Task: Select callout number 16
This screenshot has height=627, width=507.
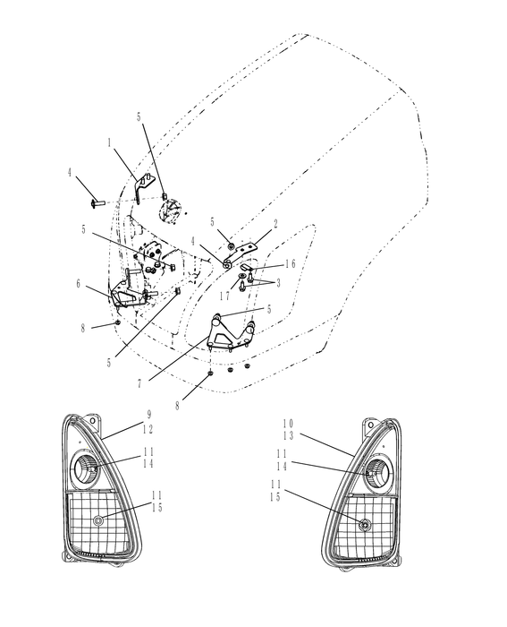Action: pyautogui.click(x=290, y=265)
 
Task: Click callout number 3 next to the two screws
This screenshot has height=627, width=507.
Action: pyautogui.click(x=277, y=283)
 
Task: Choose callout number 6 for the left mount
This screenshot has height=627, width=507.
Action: pyautogui.click(x=79, y=283)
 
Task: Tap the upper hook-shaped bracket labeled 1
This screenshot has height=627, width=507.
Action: pyautogui.click(x=140, y=189)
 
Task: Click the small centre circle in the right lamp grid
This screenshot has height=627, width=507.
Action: pyautogui.click(x=363, y=524)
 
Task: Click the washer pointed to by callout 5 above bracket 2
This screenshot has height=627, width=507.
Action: pyautogui.click(x=231, y=245)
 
